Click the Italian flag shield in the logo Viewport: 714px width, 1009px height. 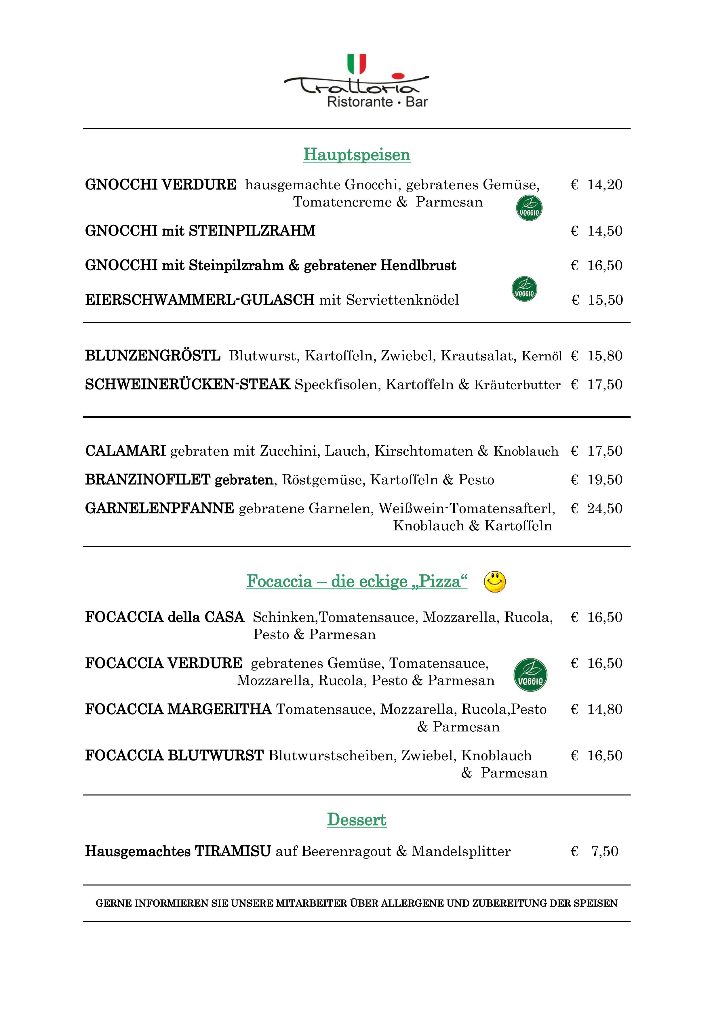point(357,64)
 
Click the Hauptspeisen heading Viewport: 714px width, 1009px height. point(357,155)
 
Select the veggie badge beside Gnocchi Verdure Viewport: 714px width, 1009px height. point(529,208)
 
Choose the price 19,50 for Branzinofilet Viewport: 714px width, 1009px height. point(605,479)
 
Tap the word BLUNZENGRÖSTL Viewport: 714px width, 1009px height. point(153,356)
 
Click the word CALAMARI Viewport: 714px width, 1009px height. point(125,451)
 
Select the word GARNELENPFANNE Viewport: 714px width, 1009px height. point(159,509)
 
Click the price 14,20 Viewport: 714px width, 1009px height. point(605,185)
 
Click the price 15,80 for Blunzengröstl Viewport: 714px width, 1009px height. point(605,356)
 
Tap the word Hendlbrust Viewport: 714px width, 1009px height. point(418,265)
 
